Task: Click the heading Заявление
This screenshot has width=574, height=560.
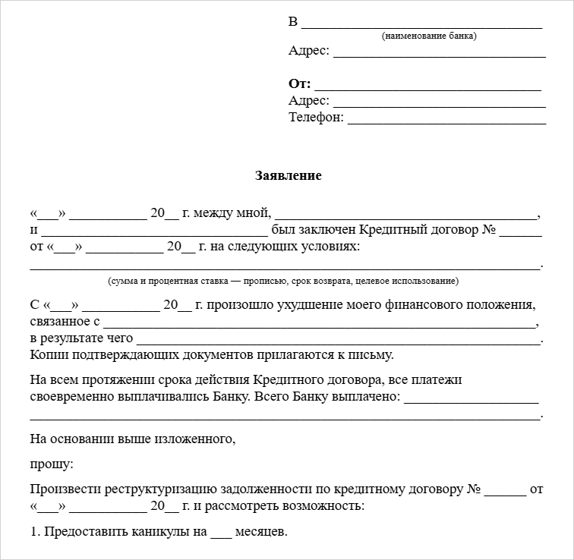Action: coord(288,176)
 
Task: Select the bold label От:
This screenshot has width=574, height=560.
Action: coord(300,84)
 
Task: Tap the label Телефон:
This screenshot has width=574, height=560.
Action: coord(316,118)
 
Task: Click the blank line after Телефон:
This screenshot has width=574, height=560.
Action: coord(447,120)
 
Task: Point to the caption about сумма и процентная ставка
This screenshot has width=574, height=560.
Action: coord(283,281)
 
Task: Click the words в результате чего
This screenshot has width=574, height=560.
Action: coord(82,338)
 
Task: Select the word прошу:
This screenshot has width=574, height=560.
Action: coord(52,463)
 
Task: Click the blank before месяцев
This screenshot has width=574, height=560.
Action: coord(220,534)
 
